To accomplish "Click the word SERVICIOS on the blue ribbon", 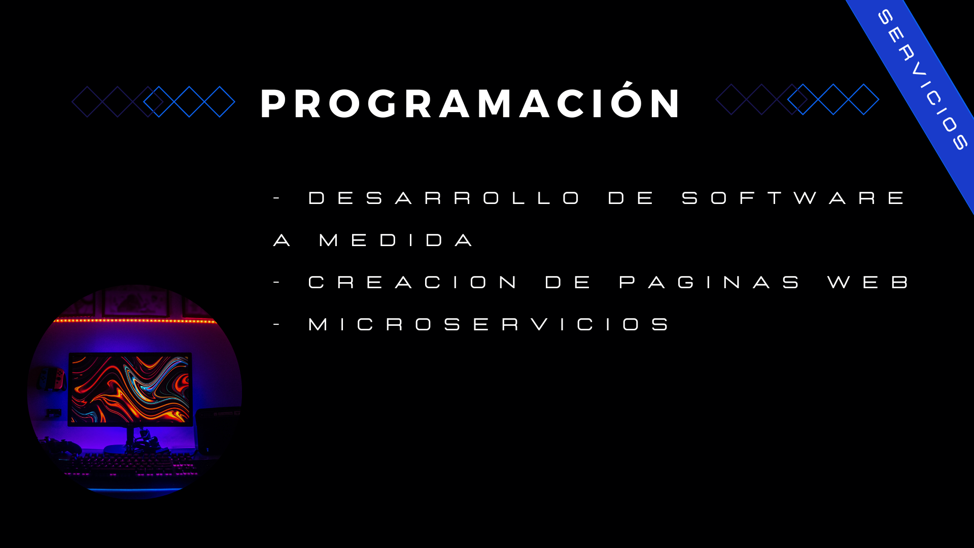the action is (x=923, y=80).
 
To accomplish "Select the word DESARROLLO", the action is (x=444, y=198).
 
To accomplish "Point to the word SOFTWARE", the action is (x=793, y=198).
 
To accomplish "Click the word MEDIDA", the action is (x=396, y=240).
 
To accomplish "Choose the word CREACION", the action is (x=412, y=282).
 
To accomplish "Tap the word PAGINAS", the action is (x=709, y=282).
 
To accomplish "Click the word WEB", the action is (x=868, y=282).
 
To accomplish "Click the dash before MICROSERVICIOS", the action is (x=276, y=324).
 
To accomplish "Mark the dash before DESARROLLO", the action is (x=276, y=198).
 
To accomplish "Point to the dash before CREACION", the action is (x=276, y=282).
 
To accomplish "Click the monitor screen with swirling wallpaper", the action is (x=130, y=389).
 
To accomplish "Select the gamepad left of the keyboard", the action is (x=63, y=447).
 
